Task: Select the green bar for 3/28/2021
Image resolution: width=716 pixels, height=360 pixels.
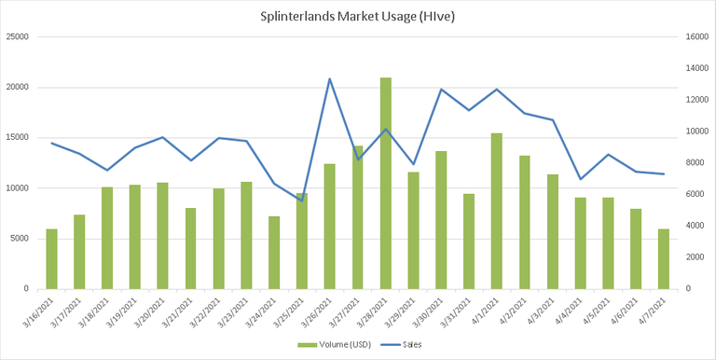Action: click(x=386, y=183)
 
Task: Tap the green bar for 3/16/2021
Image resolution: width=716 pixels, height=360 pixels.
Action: click(x=52, y=259)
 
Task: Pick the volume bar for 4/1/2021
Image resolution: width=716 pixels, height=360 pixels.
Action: click(x=497, y=211)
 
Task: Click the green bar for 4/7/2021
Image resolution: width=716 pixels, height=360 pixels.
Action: click(x=664, y=259)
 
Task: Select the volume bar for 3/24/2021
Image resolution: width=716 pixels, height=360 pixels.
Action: click(x=274, y=253)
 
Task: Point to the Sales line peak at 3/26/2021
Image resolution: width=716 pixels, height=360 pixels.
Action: click(x=330, y=78)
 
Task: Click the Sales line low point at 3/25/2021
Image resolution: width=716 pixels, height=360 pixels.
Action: click(x=302, y=201)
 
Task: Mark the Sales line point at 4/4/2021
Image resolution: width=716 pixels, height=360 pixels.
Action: click(x=581, y=179)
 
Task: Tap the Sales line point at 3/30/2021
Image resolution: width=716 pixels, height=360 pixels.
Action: click(x=442, y=90)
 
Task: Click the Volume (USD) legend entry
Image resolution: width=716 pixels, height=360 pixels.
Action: click(x=335, y=345)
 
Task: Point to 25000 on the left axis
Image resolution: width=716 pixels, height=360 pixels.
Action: click(x=18, y=37)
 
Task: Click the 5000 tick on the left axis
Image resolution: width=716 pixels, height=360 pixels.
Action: click(x=20, y=239)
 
